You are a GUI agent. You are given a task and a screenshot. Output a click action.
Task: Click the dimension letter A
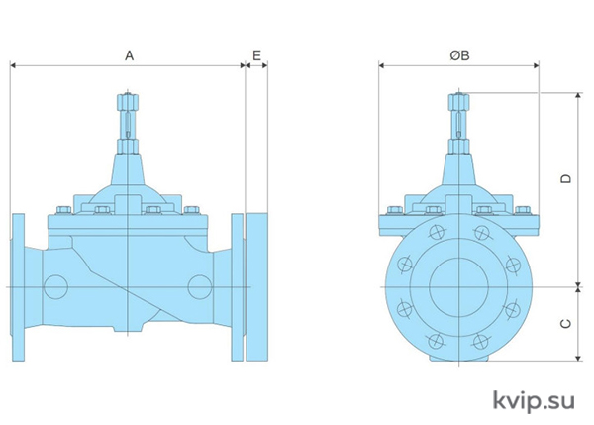click(x=129, y=56)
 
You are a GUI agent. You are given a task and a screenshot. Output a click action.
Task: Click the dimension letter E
click(x=256, y=55)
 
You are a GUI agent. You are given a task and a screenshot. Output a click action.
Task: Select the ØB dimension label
click(x=460, y=55)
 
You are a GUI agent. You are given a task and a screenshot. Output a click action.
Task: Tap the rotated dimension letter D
click(x=565, y=178)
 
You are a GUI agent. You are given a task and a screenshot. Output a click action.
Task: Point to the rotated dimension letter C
click(x=565, y=323)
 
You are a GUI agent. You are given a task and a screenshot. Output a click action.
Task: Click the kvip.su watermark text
click(x=534, y=401)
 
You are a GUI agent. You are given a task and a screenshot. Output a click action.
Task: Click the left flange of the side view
click(x=18, y=287)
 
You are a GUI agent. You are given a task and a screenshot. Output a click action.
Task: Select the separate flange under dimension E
click(x=257, y=286)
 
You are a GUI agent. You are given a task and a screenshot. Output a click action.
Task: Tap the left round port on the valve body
click(x=55, y=287)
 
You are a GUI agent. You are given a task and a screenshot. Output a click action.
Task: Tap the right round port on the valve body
click(x=200, y=287)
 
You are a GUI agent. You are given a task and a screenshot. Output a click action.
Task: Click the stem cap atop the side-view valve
click(x=128, y=102)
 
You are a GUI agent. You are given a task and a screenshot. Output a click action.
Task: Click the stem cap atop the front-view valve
click(x=458, y=102)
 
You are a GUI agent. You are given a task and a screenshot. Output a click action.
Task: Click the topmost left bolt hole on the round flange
click(x=436, y=232)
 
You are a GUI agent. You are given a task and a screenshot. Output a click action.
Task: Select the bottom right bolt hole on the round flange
click(x=481, y=341)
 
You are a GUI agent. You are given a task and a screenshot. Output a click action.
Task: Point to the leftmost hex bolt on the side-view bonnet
click(x=64, y=210)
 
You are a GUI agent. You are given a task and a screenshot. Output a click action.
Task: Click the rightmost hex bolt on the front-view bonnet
click(x=523, y=210)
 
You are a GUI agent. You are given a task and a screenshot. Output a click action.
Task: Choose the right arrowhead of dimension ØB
click(x=536, y=66)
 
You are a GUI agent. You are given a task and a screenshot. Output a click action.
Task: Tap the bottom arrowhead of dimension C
click(x=578, y=358)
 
